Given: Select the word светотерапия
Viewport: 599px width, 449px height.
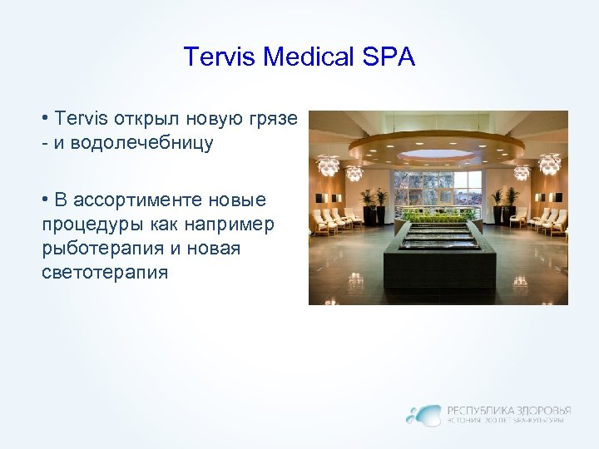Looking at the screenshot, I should tap(104, 271).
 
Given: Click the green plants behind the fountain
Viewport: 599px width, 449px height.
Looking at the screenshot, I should tap(438, 215).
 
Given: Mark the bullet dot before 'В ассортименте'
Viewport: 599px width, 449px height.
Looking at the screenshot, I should tap(44, 200).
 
